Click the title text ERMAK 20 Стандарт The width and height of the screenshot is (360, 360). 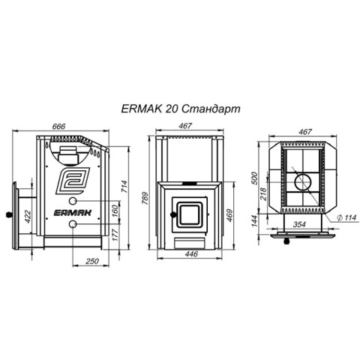(181, 109)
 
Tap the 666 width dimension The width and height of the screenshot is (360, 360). (58, 127)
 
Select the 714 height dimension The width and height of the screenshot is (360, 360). (124, 186)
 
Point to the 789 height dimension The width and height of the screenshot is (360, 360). (145, 198)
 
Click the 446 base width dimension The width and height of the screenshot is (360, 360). (191, 254)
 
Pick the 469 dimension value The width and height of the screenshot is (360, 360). (229, 215)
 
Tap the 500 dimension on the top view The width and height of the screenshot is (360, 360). (254, 178)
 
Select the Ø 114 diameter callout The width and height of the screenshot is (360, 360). (346, 217)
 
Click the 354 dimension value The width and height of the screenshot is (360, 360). (299, 224)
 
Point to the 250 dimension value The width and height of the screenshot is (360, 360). (92, 261)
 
